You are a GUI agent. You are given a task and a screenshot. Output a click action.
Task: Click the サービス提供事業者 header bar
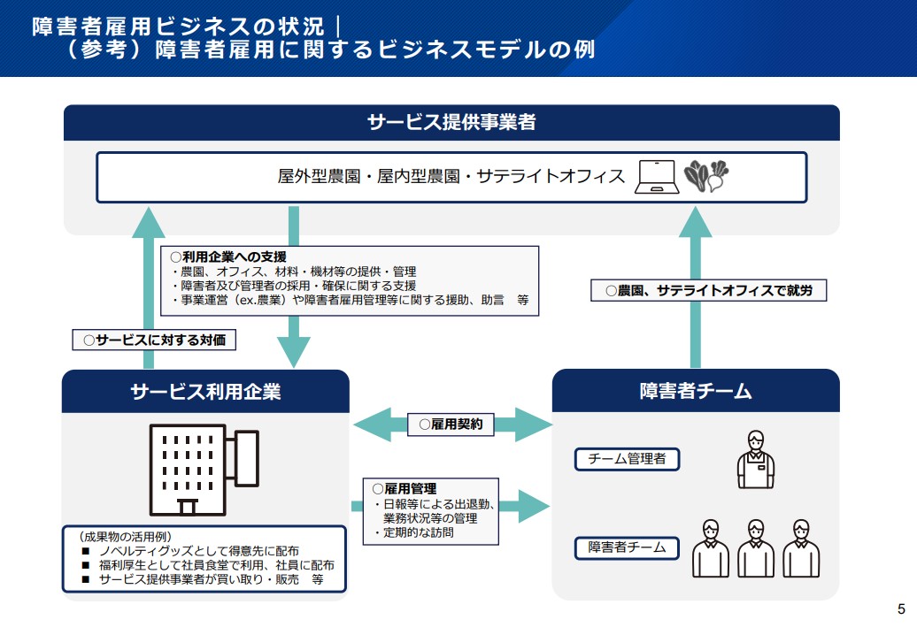(x=451, y=122)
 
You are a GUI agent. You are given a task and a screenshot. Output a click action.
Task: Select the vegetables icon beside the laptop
(x=706, y=176)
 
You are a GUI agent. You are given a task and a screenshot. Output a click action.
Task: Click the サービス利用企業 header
(x=205, y=390)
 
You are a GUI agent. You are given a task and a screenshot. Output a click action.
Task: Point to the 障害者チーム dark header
(x=695, y=390)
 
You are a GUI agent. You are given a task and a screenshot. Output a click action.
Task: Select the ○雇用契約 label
(x=451, y=425)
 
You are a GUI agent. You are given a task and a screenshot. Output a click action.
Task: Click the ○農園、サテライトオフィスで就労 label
(x=708, y=290)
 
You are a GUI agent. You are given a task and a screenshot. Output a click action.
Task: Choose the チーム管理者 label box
(x=628, y=458)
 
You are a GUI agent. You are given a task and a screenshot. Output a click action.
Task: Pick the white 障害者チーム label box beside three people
(x=627, y=548)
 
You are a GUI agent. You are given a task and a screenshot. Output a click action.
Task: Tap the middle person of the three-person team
(x=755, y=548)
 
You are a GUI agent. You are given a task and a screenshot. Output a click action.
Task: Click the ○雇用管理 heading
(x=405, y=488)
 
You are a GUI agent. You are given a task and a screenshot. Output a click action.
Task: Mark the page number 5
(x=901, y=608)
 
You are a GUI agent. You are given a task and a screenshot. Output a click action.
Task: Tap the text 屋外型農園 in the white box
(x=319, y=176)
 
